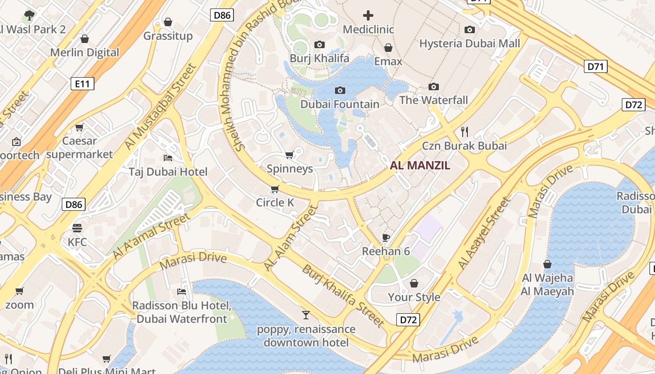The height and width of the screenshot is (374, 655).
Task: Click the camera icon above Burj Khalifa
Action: pyautogui.click(x=320, y=44)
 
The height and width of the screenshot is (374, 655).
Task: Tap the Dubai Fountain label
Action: pyautogui.click(x=340, y=104)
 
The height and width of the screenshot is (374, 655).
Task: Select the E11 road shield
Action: pyautogui.click(x=82, y=84)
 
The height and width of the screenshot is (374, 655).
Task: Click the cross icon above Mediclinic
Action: pyautogui.click(x=368, y=15)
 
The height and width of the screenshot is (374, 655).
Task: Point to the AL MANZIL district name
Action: pyautogui.click(x=420, y=165)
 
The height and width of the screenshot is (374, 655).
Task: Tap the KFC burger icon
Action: pyautogui.click(x=77, y=228)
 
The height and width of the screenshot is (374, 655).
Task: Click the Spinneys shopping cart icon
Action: pyautogui.click(x=289, y=155)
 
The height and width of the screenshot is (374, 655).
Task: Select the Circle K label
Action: pyautogui.click(x=275, y=202)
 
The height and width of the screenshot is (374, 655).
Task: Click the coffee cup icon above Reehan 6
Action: pyautogui.click(x=386, y=237)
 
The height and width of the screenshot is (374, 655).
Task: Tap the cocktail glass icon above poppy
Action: pyautogui.click(x=306, y=315)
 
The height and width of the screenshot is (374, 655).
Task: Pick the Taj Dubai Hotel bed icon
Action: pyautogui.click(x=168, y=158)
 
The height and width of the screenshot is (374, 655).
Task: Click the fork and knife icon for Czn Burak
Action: pyautogui.click(x=464, y=131)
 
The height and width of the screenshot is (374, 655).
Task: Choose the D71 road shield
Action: pyautogui.click(x=596, y=66)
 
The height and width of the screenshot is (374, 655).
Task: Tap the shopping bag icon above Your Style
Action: pyautogui.click(x=414, y=283)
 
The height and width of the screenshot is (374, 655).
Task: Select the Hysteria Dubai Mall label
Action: pyautogui.click(x=469, y=43)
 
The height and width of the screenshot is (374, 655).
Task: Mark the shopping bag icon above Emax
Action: pyautogui.click(x=388, y=47)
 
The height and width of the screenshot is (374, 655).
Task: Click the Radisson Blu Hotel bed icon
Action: pyautogui.click(x=182, y=292)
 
